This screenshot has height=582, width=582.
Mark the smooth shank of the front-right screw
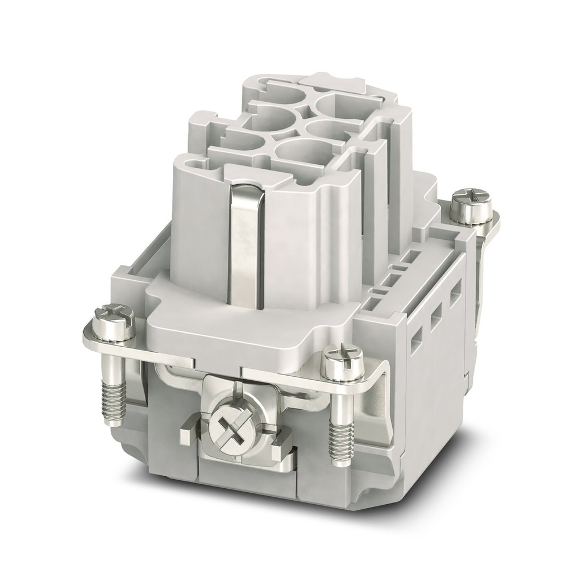pyautogui.click(x=341, y=406)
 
